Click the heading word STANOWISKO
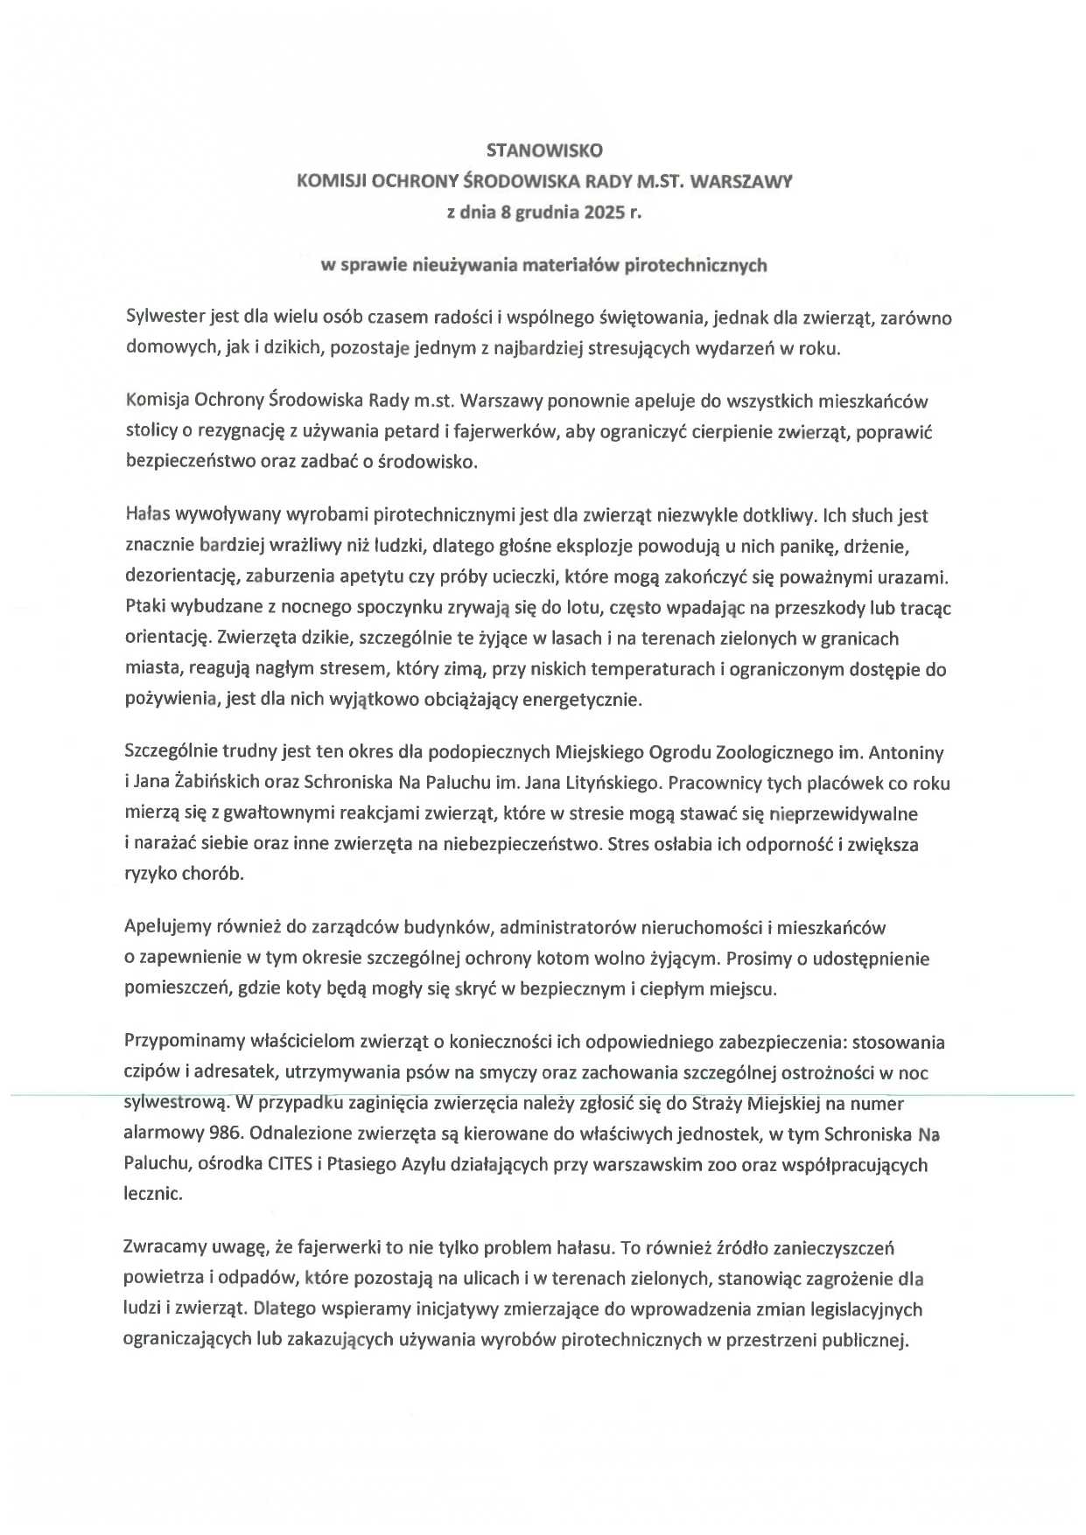[543, 150]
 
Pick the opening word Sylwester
[165, 317]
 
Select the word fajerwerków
[504, 431]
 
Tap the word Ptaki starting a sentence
[145, 607]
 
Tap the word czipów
[151, 1072]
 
